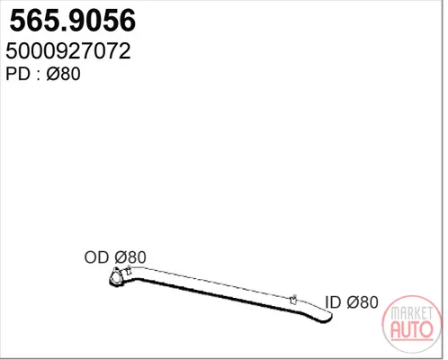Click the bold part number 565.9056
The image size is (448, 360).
[x=73, y=21]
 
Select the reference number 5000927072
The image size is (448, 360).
[x=68, y=51]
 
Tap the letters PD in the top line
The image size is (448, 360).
[x=18, y=74]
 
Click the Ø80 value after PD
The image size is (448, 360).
[x=63, y=74]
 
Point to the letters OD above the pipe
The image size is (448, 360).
[x=97, y=257]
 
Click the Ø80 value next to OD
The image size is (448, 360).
[x=130, y=257]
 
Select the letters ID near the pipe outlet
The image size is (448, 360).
[x=333, y=302]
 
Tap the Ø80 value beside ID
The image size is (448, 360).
[x=363, y=302]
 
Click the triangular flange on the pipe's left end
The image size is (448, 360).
[x=115, y=276]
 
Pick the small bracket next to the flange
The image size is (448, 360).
[x=129, y=270]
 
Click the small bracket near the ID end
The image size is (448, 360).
[x=293, y=299]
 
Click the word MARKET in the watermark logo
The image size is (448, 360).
[x=411, y=313]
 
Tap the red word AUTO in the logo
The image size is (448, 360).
[x=412, y=329]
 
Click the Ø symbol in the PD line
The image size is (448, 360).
[x=54, y=74]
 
